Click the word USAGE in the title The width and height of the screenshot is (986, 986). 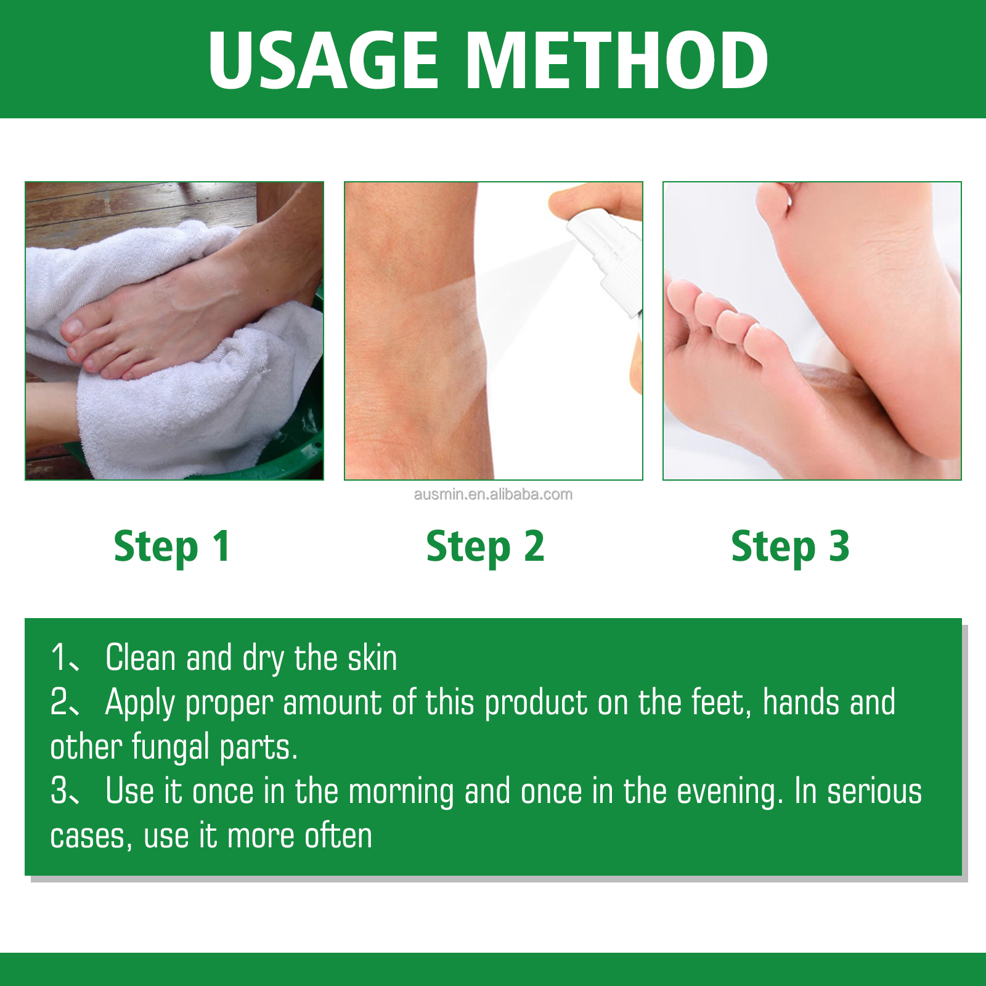[x=324, y=60]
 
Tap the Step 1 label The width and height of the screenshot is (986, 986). [x=172, y=547]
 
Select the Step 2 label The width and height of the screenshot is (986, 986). [x=486, y=547]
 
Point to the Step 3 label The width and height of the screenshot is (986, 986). [x=790, y=547]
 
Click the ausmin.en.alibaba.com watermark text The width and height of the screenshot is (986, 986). [x=493, y=494]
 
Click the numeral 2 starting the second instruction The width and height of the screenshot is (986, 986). [x=59, y=703]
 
